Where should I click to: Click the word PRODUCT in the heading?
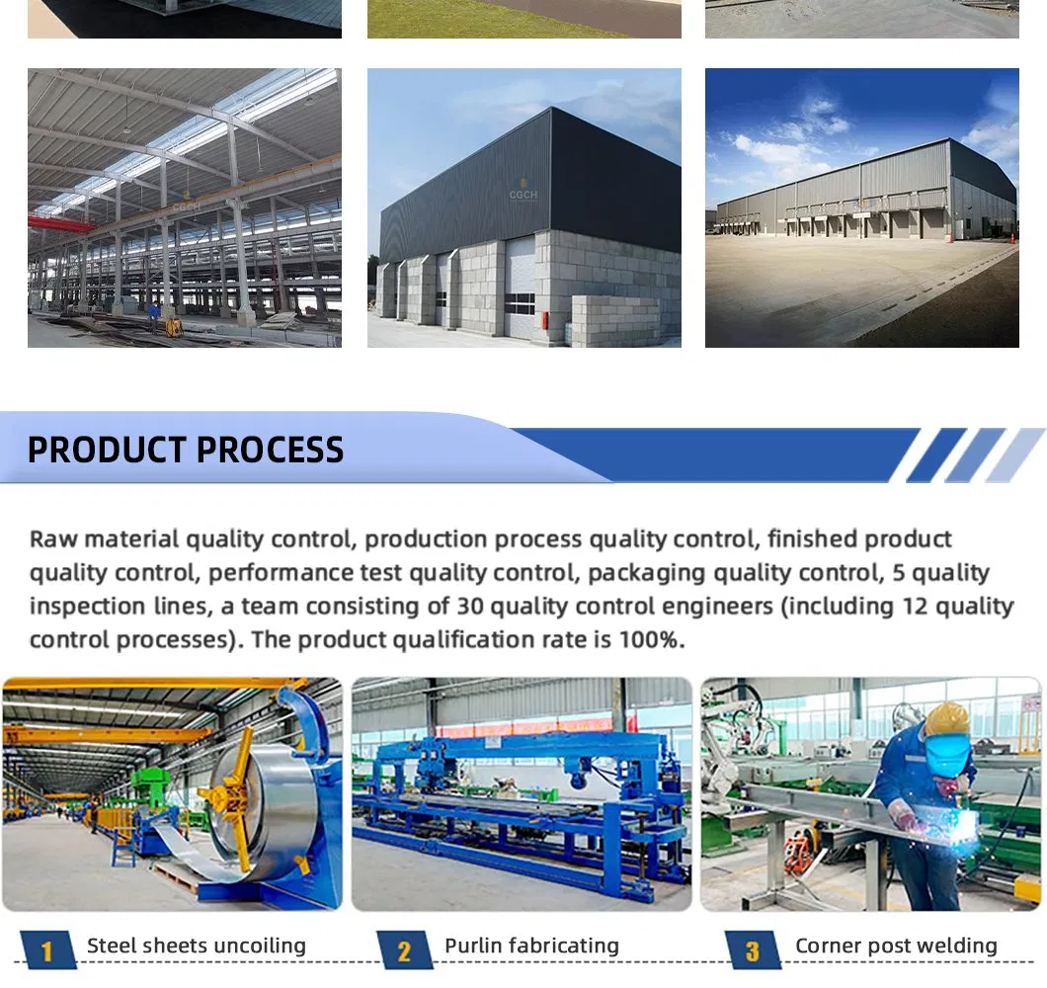tap(106, 450)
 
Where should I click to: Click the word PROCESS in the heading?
tap(270, 450)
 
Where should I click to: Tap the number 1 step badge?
tap(45, 950)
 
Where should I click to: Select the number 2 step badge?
tap(403, 950)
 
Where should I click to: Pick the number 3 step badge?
tap(753, 950)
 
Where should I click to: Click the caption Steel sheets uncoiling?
tap(197, 946)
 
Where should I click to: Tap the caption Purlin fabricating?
tap(531, 946)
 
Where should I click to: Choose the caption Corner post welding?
tap(896, 946)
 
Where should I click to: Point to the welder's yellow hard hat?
tap(945, 719)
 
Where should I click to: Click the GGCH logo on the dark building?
tap(523, 195)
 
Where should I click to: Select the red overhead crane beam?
tap(59, 222)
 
